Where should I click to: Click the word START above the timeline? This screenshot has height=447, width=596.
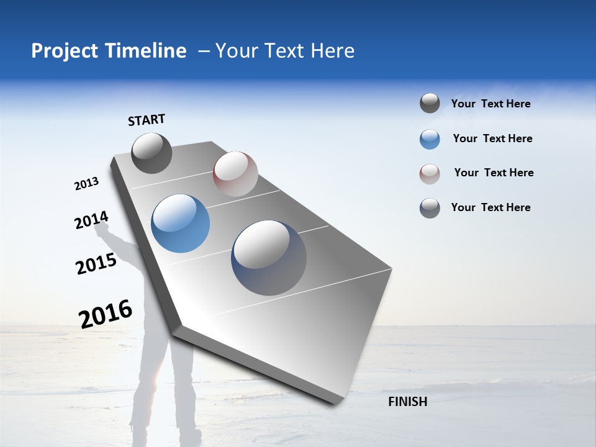coord(147,120)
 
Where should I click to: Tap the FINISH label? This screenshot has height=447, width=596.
coord(407,402)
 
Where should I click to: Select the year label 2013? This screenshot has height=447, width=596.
coord(86,184)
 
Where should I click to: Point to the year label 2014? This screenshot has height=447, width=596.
coord(91,220)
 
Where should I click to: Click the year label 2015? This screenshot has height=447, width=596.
coord(96,264)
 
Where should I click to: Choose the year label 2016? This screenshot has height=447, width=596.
coord(106,314)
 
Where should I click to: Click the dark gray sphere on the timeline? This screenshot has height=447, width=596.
coord(151,153)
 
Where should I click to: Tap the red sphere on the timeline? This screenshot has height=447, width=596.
coord(235,174)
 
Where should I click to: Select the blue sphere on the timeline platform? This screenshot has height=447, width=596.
coord(181,223)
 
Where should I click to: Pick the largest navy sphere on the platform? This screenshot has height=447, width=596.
coord(269,258)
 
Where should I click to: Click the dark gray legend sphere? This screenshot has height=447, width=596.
coord(430,104)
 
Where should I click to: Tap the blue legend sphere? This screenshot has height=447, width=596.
coord(430,139)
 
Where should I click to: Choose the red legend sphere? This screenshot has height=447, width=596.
coord(430,174)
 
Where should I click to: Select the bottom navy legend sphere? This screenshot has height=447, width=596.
coord(430,208)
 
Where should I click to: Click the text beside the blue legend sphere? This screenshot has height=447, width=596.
coord(492,138)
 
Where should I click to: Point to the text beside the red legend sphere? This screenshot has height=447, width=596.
coord(494,173)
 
